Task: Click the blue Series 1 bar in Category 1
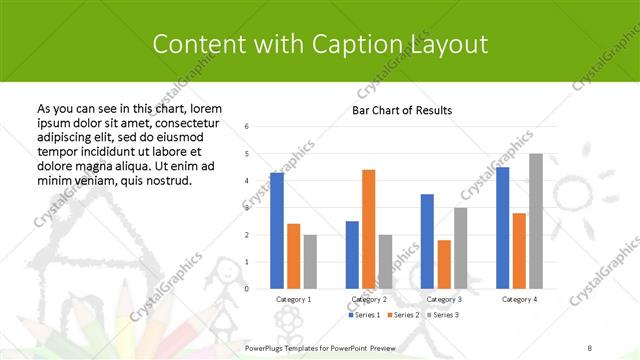click(277, 231)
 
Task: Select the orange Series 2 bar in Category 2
click(369, 229)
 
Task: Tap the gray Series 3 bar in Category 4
click(536, 221)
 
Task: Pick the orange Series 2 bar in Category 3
click(444, 264)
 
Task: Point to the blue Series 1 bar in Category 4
click(502, 228)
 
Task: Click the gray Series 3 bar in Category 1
click(310, 262)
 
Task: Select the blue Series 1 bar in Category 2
click(352, 255)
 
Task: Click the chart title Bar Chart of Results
click(402, 110)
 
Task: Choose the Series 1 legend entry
click(365, 316)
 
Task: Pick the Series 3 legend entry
click(443, 316)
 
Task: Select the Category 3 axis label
click(443, 299)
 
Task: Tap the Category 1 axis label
click(293, 299)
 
